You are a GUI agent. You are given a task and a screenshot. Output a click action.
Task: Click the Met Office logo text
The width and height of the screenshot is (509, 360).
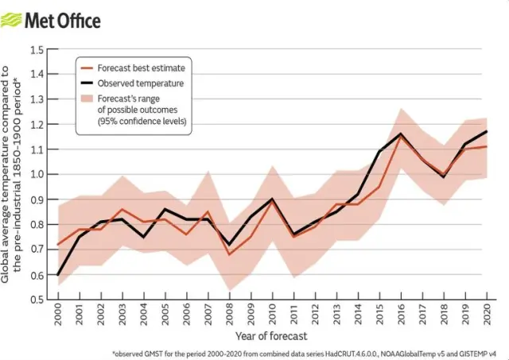point(63,19)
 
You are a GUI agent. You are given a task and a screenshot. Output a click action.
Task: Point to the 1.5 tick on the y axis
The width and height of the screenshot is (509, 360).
point(37,49)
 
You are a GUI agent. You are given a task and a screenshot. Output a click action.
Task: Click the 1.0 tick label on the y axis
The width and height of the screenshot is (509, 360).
point(37,174)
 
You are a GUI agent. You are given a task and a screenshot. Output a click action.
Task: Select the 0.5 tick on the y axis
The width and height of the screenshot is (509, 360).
point(37,300)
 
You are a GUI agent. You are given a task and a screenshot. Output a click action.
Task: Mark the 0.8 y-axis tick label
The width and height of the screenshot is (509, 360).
point(37,224)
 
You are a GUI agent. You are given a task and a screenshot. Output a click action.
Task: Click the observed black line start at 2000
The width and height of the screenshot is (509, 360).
point(58,274)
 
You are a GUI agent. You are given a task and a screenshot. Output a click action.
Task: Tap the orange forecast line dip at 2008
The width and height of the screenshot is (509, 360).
point(229,254)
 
